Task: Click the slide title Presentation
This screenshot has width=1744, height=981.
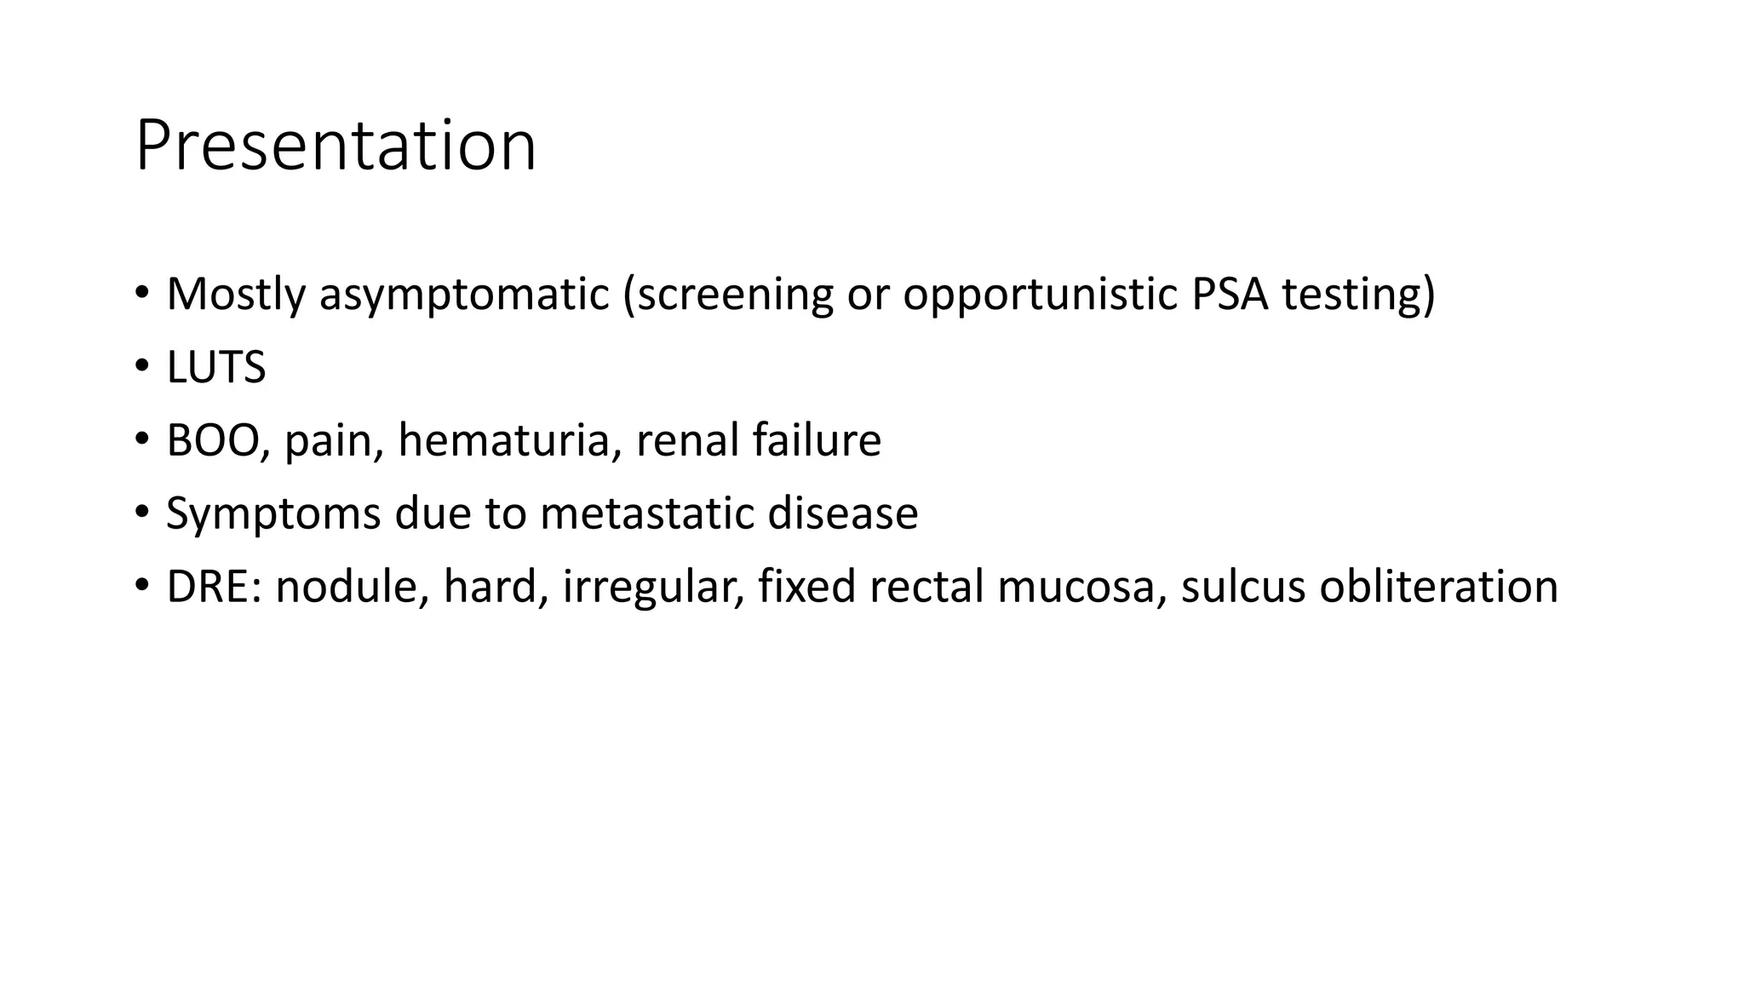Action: [x=336, y=146]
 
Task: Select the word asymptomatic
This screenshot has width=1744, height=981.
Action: [x=464, y=295]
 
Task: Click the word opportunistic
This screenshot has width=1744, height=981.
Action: [x=1040, y=295]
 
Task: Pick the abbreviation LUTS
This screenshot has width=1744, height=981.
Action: [x=216, y=368]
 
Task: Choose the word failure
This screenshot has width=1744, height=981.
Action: [x=817, y=441]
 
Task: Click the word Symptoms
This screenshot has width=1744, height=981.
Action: [x=272, y=514]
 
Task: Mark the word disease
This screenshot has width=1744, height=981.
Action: [x=842, y=513]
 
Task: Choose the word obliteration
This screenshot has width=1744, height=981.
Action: [x=1438, y=588]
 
